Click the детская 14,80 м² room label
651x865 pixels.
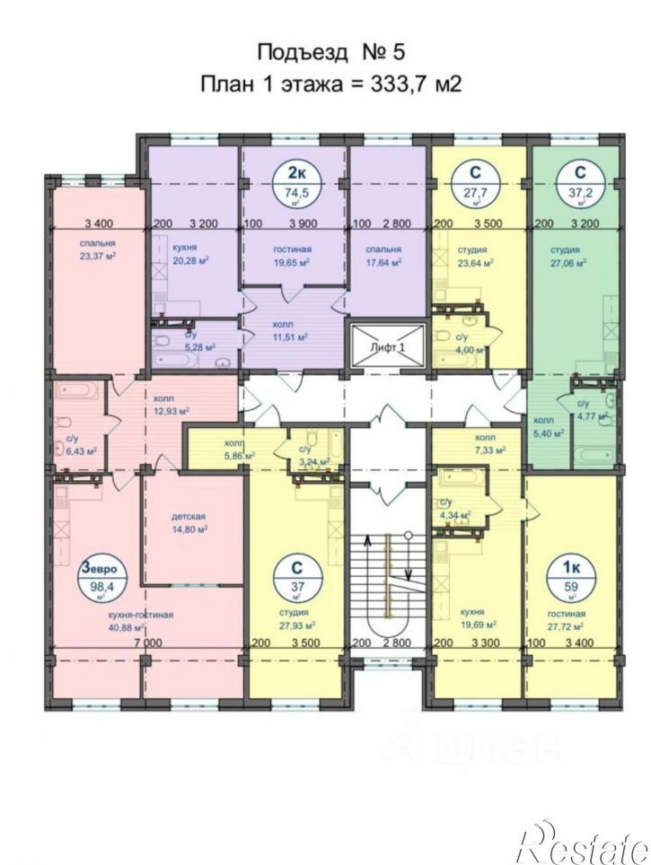[x=189, y=523]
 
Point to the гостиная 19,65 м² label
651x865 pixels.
[x=290, y=256]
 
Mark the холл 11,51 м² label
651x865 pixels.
[x=290, y=331]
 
